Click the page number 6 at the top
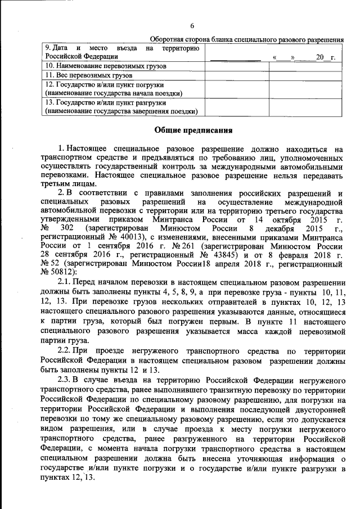(192, 26)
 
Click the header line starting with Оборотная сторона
(247, 39)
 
